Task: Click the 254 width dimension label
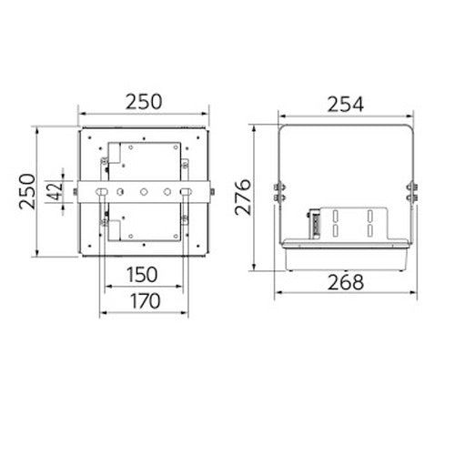(346, 104)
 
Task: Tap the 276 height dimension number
(243, 197)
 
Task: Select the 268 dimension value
(346, 282)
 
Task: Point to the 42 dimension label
(56, 191)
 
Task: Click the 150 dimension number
(142, 275)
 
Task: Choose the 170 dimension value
(145, 301)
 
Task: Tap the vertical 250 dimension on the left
(26, 191)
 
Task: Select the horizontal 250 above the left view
(144, 102)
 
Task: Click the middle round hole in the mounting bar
(144, 192)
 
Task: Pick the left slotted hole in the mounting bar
(101, 192)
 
